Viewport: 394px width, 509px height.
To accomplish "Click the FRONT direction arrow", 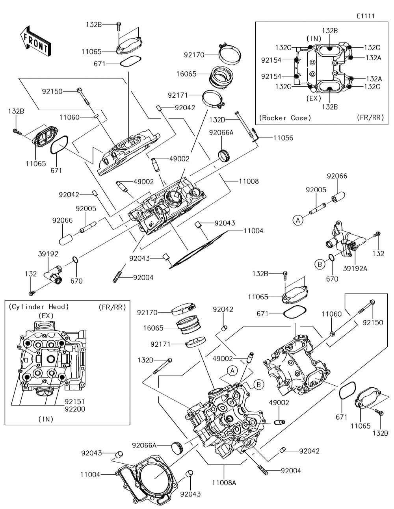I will tap(35, 40).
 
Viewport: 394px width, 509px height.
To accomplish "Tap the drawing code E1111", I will tap(365, 16).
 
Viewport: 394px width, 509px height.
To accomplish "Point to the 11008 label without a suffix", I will tap(249, 182).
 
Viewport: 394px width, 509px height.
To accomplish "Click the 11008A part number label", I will tap(224, 482).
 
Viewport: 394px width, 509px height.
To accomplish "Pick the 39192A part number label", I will tap(356, 269).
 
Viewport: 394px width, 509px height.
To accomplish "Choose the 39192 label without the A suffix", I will tap(48, 255).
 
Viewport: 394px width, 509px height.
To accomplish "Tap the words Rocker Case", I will tap(285, 118).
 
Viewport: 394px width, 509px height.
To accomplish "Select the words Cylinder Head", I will tap(39, 307).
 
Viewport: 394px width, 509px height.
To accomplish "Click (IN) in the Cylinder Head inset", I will tap(46, 419).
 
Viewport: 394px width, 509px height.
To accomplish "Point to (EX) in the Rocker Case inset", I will tap(314, 98).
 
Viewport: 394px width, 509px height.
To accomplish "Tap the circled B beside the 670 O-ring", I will tap(320, 264).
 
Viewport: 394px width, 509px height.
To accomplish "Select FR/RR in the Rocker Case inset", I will tap(370, 118).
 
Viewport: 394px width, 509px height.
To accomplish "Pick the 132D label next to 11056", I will tap(217, 119).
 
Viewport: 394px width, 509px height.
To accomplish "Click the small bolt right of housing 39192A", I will tap(377, 236).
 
